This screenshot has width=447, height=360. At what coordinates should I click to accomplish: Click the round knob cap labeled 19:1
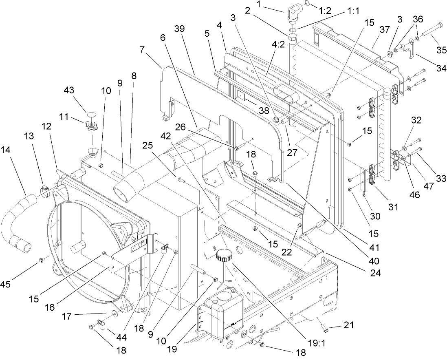click(x=224, y=256)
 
